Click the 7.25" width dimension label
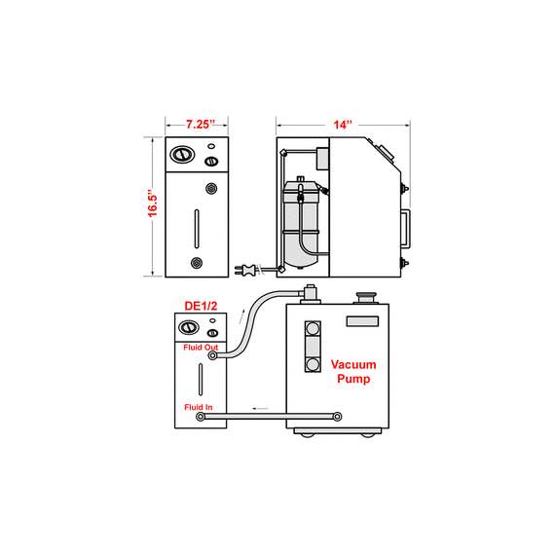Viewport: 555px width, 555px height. click(x=201, y=125)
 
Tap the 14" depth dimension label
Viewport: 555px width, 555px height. click(x=343, y=125)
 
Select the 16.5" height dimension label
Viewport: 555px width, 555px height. click(x=153, y=205)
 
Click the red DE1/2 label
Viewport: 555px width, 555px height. click(x=201, y=306)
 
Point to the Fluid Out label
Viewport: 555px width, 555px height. click(x=201, y=348)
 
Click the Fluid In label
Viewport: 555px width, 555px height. click(x=199, y=407)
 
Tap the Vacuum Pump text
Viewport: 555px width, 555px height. click(x=353, y=371)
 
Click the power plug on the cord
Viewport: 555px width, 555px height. click(x=245, y=270)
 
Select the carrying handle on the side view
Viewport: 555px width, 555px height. click(x=406, y=228)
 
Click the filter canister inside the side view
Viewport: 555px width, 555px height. click(x=301, y=224)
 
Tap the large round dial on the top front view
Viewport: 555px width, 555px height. click(x=182, y=154)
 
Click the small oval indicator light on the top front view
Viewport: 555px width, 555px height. click(x=211, y=146)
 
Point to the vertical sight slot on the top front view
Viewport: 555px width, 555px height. click(x=197, y=229)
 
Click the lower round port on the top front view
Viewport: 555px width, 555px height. click(x=197, y=263)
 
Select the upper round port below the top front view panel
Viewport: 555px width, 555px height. click(x=211, y=188)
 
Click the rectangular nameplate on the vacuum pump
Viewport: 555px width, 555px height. click(x=362, y=321)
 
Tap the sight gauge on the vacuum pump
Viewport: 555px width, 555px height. click(x=313, y=347)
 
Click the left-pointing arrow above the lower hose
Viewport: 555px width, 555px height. click(x=260, y=409)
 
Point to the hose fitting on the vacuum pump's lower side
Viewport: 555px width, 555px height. click(x=338, y=417)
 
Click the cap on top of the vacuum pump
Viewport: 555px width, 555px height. click(x=366, y=297)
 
